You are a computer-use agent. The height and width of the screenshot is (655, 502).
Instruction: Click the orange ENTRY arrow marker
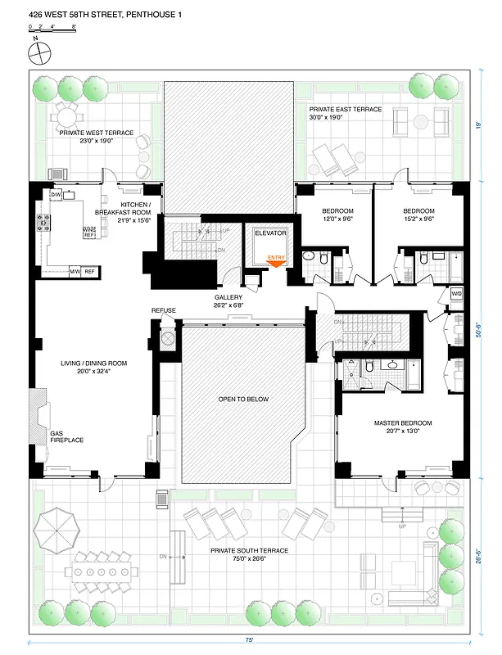278,261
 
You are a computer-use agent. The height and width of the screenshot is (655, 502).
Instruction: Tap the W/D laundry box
456,293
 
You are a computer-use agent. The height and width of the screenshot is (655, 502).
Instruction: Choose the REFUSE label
165,310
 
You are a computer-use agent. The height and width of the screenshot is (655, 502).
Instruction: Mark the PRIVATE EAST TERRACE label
343,113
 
